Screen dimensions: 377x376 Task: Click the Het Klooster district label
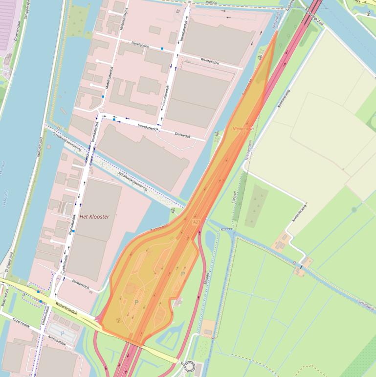94,216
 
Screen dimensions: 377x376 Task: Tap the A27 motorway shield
196,222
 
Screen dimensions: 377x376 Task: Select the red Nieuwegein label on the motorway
243,129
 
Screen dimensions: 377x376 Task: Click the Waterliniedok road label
67,309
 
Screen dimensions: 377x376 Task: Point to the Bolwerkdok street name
81,283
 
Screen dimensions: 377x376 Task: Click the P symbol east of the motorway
183,274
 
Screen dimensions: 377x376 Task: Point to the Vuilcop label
211,2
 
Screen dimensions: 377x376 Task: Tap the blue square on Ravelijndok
162,48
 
